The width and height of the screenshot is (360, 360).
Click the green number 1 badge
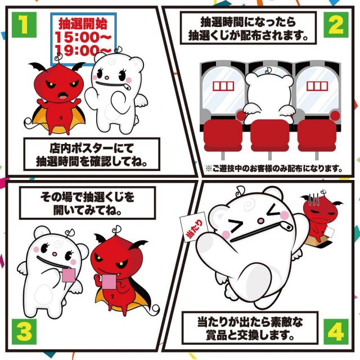click(24, 25)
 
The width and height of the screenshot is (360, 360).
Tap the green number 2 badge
click(336, 25)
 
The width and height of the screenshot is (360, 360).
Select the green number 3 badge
click(24, 332)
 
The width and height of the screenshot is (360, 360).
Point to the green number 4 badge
click(336, 332)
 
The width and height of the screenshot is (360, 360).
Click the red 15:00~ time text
click(83, 37)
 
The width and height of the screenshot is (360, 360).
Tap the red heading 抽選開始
click(83, 24)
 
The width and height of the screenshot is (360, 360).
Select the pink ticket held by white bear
click(69, 275)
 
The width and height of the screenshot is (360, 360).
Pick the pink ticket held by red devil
click(109, 282)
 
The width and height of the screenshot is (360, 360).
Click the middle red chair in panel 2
click(270, 135)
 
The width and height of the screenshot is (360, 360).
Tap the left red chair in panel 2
click(223, 136)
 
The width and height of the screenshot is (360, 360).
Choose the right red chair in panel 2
click(317, 136)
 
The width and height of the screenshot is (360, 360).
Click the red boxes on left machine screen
click(223, 86)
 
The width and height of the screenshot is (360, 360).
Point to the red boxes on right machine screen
click(317, 86)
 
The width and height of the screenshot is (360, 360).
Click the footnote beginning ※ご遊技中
click(274, 169)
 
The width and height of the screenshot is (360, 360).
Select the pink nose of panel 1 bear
click(107, 78)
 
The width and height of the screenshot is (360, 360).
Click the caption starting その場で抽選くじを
click(88, 204)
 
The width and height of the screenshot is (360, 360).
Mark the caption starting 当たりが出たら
click(250, 328)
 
